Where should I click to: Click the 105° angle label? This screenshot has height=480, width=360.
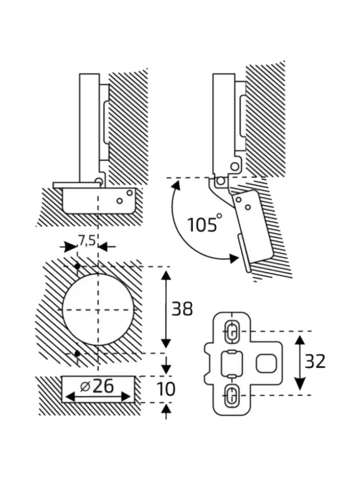(x=204, y=223)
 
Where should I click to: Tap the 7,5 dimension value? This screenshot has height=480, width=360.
(x=86, y=241)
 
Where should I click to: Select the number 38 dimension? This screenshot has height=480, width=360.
(x=182, y=309)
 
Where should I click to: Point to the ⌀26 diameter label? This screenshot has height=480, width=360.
(x=97, y=386)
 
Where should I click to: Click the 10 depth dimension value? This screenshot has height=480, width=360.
(x=166, y=389)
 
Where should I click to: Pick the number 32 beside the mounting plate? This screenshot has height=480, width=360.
(x=315, y=362)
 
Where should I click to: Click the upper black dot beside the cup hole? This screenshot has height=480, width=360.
(x=77, y=266)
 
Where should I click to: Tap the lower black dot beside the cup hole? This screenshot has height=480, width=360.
(x=77, y=354)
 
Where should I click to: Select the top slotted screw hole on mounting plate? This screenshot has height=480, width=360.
(x=232, y=331)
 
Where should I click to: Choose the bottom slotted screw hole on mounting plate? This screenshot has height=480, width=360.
(x=232, y=395)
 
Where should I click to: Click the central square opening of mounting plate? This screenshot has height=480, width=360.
(x=232, y=363)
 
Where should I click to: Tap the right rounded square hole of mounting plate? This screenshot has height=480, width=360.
(x=267, y=363)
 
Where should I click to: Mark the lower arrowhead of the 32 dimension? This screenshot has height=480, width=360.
(x=300, y=384)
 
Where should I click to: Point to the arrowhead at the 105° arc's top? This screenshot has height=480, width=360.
(x=176, y=186)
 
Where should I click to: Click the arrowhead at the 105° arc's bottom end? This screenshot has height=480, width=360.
(x=233, y=258)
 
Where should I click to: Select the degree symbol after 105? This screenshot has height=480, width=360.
(x=219, y=216)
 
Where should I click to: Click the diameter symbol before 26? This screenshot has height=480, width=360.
(x=85, y=387)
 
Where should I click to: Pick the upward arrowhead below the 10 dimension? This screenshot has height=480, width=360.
(x=166, y=409)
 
